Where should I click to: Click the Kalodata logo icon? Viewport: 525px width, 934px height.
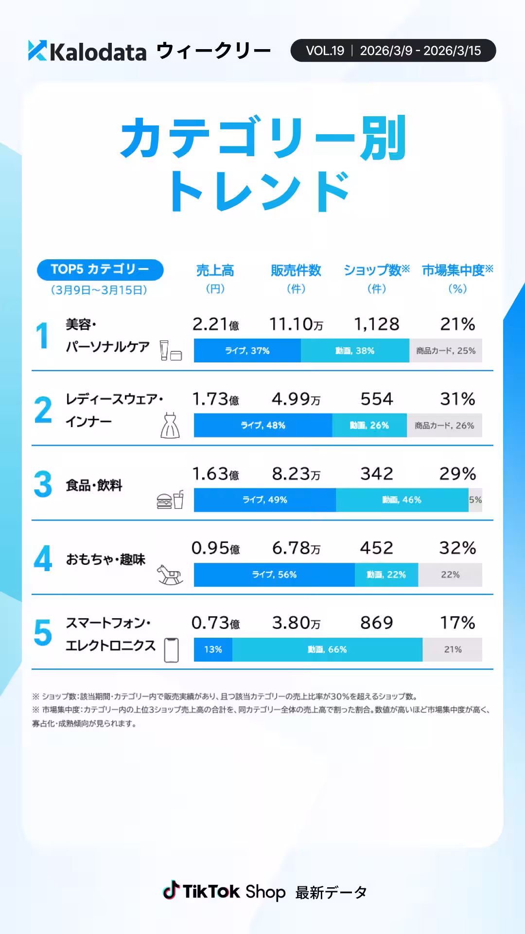pos(37,51)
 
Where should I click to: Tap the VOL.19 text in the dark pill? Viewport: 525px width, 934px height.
pos(325,51)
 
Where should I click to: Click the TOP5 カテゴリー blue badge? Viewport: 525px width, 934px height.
pos(100,269)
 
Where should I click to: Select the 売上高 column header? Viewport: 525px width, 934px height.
pos(215,270)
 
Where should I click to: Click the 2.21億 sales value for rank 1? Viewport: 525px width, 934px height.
pos(215,324)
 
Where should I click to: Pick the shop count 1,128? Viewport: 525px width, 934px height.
pos(377,324)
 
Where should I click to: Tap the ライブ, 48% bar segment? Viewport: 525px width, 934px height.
pos(263,425)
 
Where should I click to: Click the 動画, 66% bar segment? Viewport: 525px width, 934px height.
pos(327,649)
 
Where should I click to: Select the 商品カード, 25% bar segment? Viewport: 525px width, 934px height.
pos(446,351)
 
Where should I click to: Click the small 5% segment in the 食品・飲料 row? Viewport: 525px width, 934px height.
pos(475,500)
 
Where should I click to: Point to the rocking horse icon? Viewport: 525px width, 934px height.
pos(170,575)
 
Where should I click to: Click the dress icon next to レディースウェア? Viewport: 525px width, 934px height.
pos(170,426)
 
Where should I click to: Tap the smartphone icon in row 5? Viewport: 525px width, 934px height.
pos(171,650)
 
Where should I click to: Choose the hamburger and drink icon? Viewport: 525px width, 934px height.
pos(170,500)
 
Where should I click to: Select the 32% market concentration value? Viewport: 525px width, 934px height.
pos(457,548)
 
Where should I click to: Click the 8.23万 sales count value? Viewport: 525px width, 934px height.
pos(296,474)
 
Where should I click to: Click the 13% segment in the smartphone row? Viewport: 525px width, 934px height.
pos(213,649)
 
